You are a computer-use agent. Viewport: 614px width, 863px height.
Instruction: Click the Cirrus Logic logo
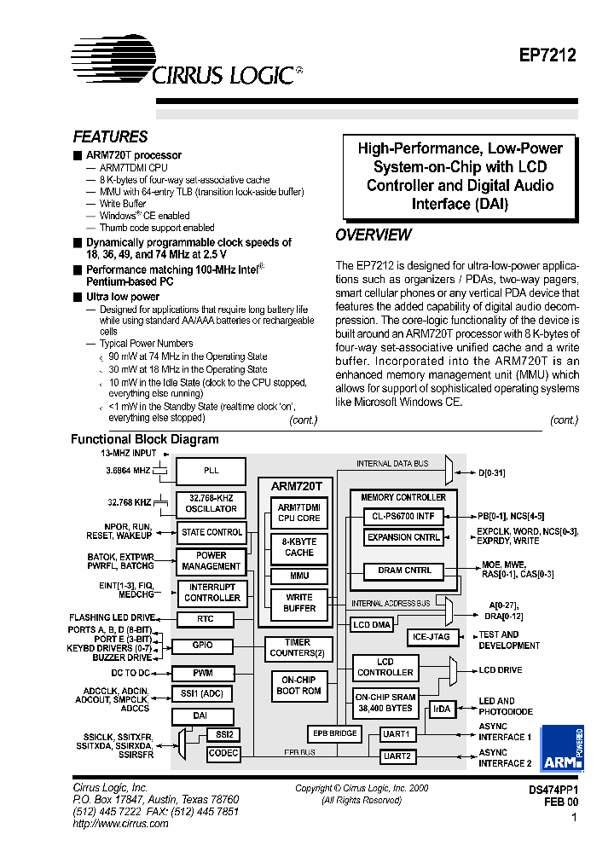coord(183,64)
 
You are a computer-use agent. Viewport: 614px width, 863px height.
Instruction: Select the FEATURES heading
coord(110,137)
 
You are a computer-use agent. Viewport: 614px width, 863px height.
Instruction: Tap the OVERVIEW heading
coord(373,235)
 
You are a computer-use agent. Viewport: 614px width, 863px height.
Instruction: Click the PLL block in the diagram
coord(211,470)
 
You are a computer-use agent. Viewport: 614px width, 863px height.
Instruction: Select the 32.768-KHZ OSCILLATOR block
coord(211,503)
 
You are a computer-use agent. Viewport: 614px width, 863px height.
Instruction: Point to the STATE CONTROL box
coord(211,532)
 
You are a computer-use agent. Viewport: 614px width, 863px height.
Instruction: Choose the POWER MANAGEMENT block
coord(211,560)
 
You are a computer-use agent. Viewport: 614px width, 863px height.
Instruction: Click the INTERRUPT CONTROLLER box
coord(211,592)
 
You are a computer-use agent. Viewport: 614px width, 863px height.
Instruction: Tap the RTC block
coord(205,618)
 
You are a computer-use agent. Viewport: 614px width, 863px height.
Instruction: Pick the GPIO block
coord(203,646)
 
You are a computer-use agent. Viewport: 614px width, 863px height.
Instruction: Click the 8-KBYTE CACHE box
coord(298,547)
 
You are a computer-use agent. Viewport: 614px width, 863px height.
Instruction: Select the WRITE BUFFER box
coord(298,603)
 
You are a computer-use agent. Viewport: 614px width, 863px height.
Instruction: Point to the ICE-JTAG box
coord(432,636)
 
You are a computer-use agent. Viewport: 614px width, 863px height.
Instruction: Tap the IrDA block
coord(441,708)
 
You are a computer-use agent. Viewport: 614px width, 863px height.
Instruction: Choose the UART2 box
coord(397,756)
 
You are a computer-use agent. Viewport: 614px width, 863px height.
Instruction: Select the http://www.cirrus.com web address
coord(120,824)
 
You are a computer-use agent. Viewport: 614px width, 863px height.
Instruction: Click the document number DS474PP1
coord(553,791)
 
